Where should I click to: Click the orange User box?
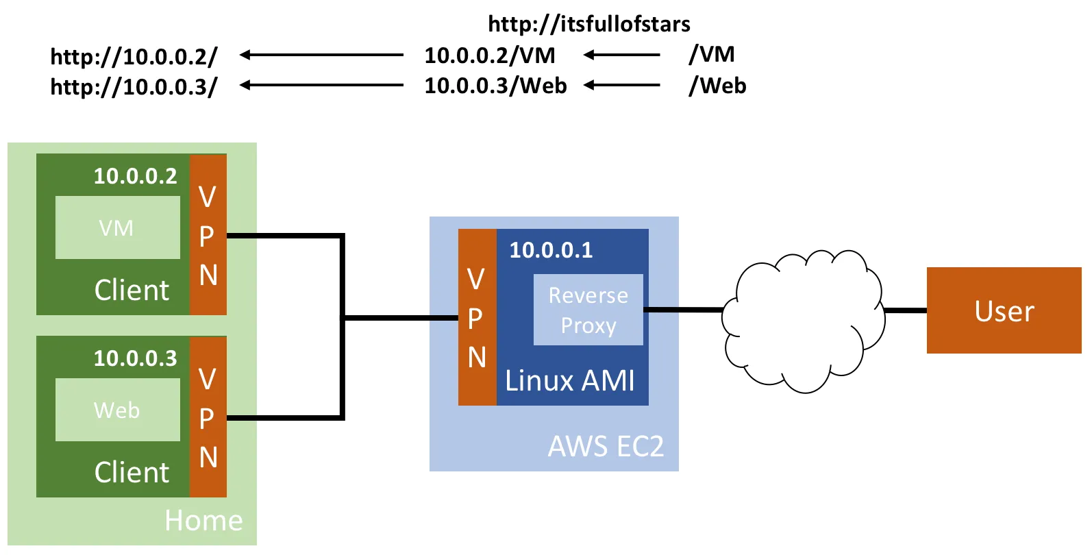pos(1004,310)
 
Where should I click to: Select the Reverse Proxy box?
pos(588,310)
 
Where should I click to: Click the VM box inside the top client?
pos(117,227)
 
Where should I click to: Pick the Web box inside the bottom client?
pos(117,410)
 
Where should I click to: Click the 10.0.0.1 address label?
pos(551,250)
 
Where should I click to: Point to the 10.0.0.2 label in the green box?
pos(135,176)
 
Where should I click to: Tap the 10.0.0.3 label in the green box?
pos(135,358)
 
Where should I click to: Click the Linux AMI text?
pos(570,381)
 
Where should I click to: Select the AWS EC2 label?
pos(606,447)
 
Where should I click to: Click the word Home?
pos(203,521)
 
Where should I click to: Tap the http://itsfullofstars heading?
pos(589,24)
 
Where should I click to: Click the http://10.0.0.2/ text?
pos(134,56)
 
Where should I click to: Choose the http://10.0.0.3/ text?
pos(134,87)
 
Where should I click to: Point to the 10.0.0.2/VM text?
pos(490,56)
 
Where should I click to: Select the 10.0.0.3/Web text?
pos(495,86)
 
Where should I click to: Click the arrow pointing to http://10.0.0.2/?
pos(321,55)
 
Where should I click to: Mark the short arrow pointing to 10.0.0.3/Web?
pos(621,86)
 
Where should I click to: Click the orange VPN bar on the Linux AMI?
pos(477,317)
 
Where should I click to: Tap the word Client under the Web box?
pos(132,473)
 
